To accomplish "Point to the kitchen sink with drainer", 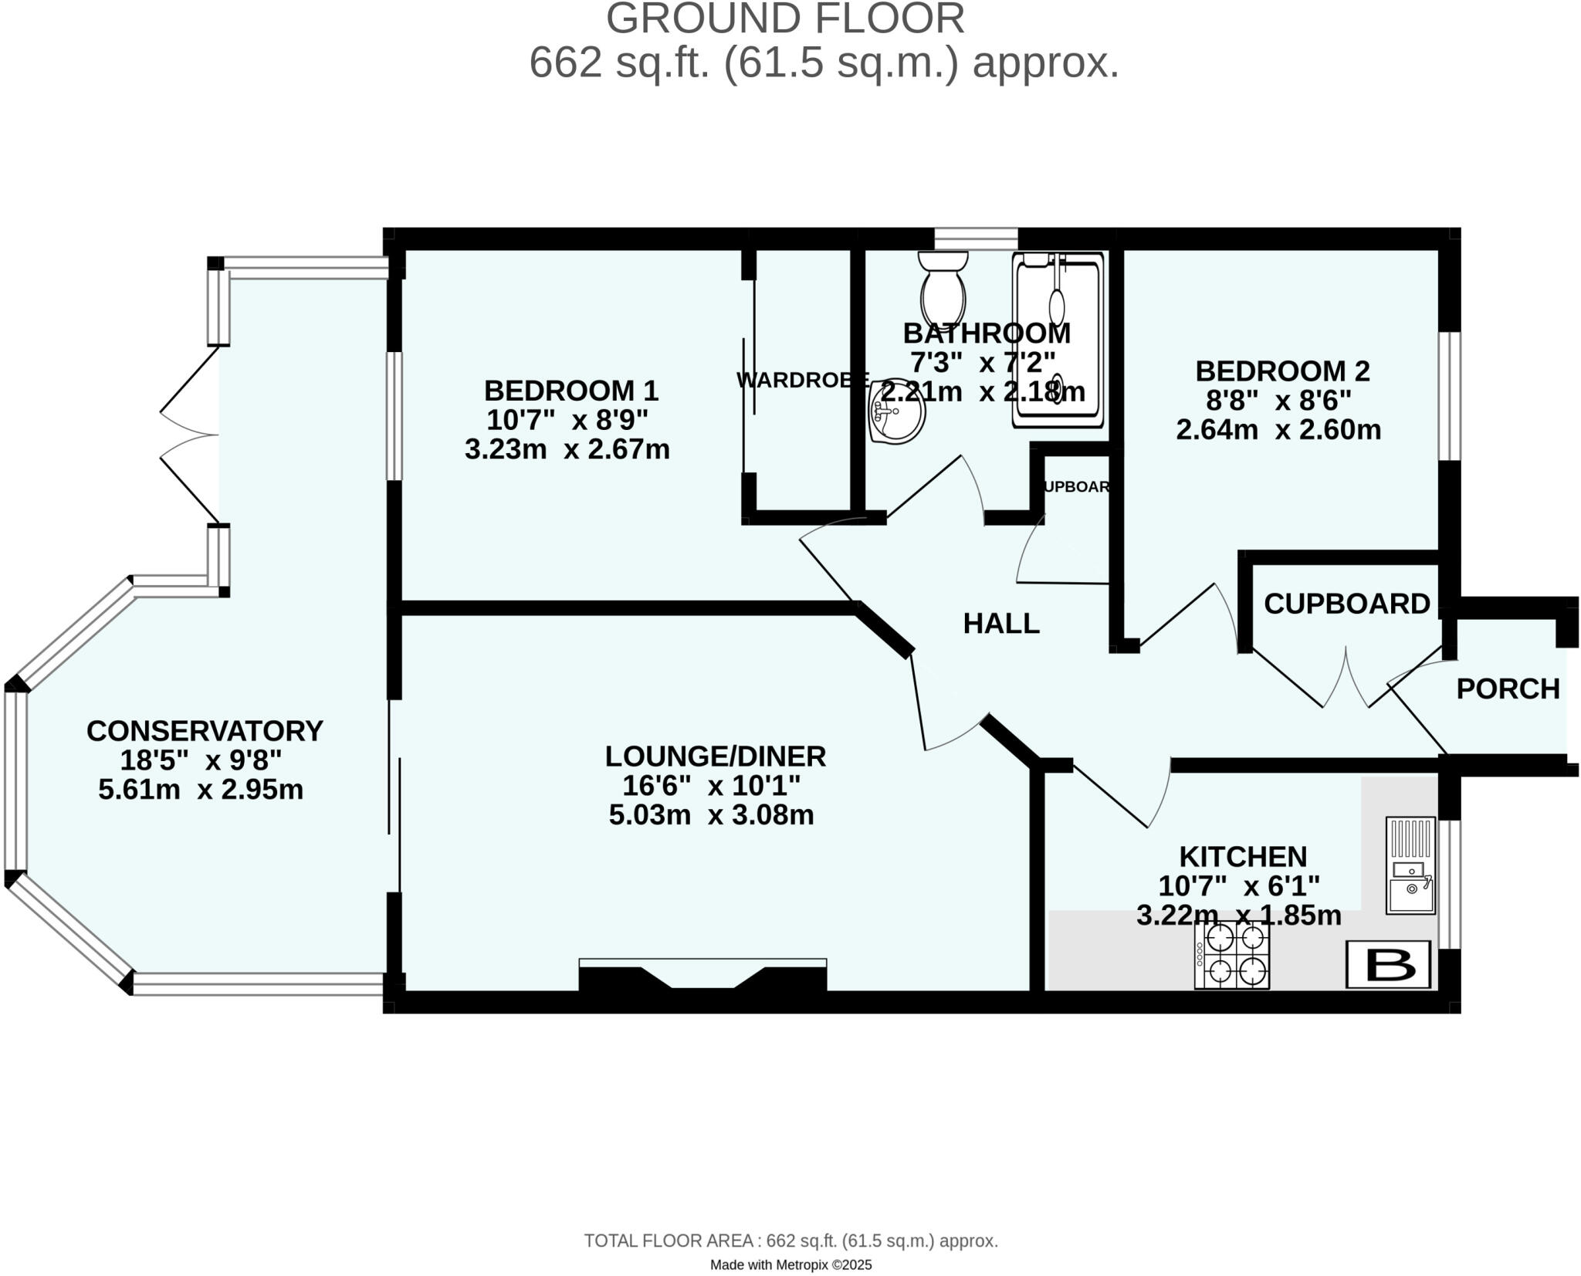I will point(1410,866).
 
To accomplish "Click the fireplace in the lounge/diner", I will point(702,976).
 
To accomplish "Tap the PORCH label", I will point(1508,689).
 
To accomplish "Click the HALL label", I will point(1001,623).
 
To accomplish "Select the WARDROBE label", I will point(803,380).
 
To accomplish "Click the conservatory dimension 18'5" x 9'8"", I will point(201,760).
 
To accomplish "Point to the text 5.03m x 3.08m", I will point(711,815).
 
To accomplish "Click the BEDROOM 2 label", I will point(1282,371).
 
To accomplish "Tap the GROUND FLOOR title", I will point(785,19).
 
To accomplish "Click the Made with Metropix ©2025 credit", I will point(790,1265).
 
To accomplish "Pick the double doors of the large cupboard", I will point(1346,678).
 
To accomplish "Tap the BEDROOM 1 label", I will point(571,391).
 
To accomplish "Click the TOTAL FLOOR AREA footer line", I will point(790,1241).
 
